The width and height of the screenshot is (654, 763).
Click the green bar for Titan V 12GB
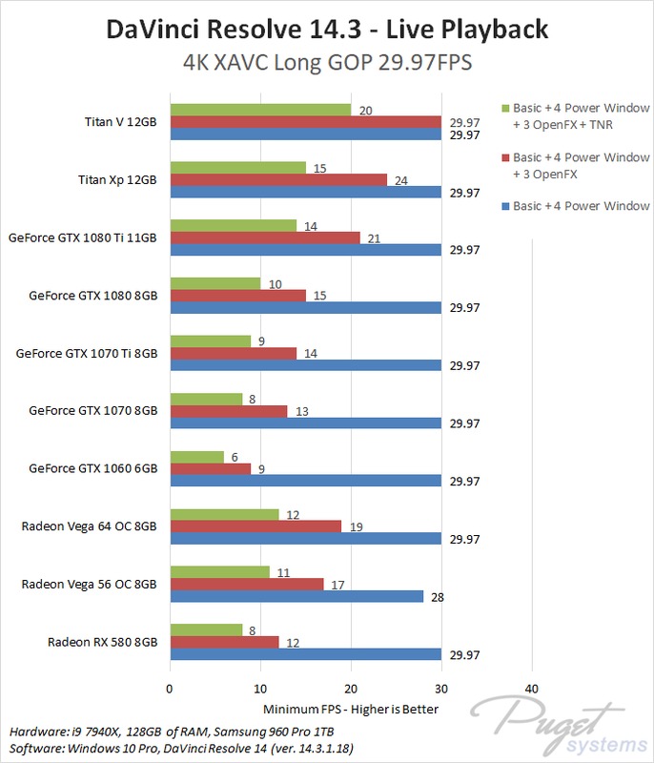point(259,110)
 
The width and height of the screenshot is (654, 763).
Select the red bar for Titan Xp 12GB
point(277,179)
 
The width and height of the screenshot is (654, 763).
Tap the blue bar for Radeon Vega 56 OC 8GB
point(296,596)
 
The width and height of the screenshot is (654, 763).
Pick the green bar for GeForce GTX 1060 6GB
point(196,457)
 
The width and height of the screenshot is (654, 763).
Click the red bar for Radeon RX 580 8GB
point(223,642)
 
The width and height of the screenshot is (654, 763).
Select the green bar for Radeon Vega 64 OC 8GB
point(223,514)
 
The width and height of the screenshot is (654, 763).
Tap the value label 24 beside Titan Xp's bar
point(401,179)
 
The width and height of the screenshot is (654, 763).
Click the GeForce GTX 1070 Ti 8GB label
point(86,353)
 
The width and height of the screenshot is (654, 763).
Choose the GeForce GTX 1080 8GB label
point(93,295)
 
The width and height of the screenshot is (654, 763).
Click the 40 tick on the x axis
point(531,689)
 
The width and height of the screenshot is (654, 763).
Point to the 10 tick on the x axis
point(259,689)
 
